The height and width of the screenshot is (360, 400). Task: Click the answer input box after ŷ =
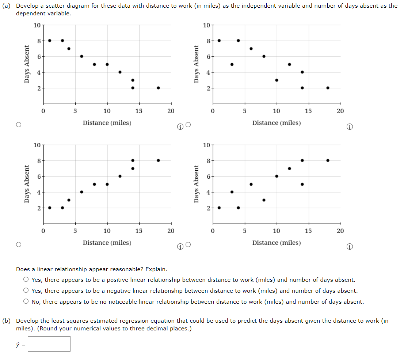(x=49, y=344)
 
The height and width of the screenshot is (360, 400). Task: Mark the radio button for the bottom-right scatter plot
(x=188, y=245)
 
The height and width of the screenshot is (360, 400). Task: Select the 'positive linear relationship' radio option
(x=26, y=280)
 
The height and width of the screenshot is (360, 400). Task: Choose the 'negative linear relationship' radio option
(x=26, y=291)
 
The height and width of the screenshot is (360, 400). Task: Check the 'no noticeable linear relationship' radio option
(x=26, y=302)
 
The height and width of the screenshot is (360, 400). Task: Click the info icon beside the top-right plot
(x=350, y=127)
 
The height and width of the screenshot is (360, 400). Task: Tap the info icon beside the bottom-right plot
(x=350, y=247)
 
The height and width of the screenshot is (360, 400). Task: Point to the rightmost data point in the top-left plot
(x=158, y=88)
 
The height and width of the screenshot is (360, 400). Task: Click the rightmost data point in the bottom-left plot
(x=158, y=160)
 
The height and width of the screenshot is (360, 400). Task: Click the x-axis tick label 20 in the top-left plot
(x=171, y=111)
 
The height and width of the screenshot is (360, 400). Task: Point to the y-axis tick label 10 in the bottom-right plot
(x=207, y=145)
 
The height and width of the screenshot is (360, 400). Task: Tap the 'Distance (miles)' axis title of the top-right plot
(x=277, y=123)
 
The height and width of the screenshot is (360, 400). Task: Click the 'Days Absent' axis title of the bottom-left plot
(x=27, y=184)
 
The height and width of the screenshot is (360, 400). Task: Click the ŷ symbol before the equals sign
(x=18, y=344)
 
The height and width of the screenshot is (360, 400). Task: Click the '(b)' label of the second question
(x=7, y=321)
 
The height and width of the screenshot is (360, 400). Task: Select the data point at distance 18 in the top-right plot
(x=328, y=88)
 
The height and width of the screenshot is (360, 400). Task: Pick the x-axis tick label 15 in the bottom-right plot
(x=308, y=231)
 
